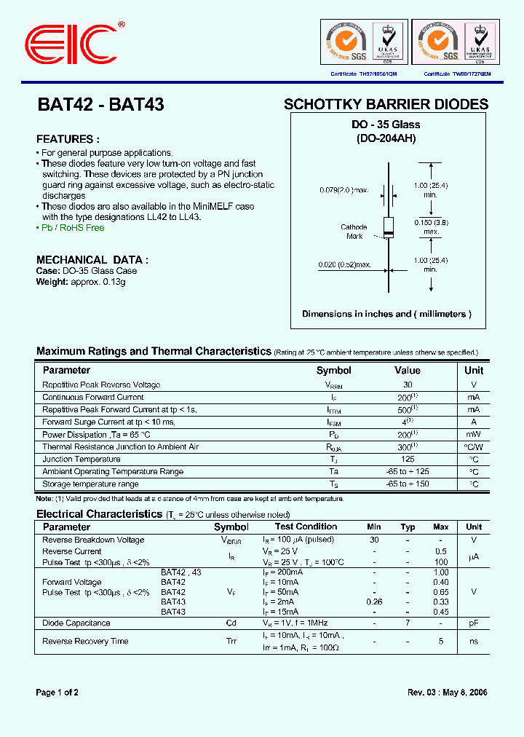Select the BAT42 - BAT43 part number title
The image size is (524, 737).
click(100, 104)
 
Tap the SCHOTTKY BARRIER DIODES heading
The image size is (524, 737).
click(386, 104)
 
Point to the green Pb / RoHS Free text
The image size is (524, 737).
click(71, 228)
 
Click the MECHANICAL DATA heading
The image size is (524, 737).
click(92, 259)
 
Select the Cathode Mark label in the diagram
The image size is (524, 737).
click(354, 232)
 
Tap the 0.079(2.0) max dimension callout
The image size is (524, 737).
click(344, 190)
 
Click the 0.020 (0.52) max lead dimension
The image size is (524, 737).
click(344, 264)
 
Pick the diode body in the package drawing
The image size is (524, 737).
click(389, 226)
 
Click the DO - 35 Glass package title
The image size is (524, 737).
click(386, 125)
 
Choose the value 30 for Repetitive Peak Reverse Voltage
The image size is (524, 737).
click(408, 385)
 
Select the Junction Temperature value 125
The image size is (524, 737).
click(408, 460)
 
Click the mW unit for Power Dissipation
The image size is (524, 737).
click(474, 435)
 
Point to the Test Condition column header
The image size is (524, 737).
click(306, 527)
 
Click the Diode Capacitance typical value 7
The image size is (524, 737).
click(408, 623)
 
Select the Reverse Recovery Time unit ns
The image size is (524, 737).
click(474, 642)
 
